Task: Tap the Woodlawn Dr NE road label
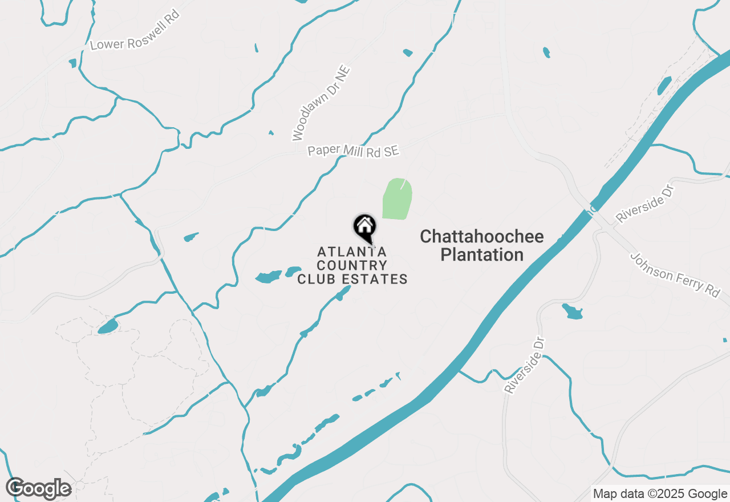tap(321, 103)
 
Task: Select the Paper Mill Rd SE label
tap(353, 151)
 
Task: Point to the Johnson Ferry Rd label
tap(675, 274)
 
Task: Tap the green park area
tap(397, 199)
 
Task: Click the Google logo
tap(39, 488)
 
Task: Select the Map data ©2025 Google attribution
tap(660, 494)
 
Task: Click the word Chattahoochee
tap(482, 237)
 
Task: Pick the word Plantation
tap(482, 255)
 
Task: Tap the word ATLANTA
tap(352, 252)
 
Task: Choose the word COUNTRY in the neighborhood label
tap(352, 265)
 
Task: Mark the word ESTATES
tap(379, 279)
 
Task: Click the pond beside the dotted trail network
tap(108, 326)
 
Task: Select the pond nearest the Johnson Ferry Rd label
tap(572, 311)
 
